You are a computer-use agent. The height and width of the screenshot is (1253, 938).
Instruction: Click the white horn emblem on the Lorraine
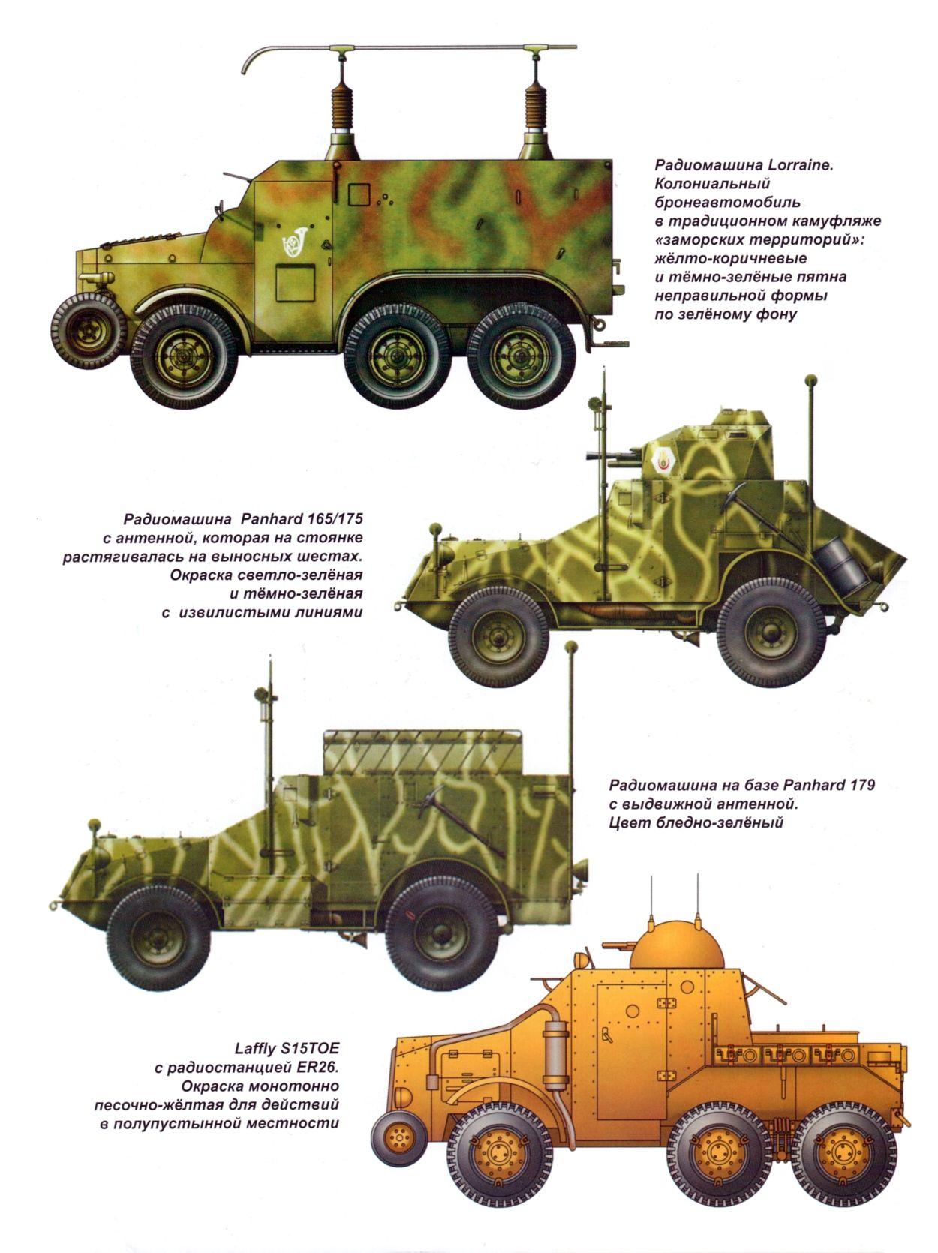pyautogui.click(x=295, y=242)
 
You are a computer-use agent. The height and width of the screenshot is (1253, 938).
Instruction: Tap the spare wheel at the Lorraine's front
pyautogui.click(x=89, y=331)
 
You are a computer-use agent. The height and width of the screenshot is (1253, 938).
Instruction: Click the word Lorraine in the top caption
pyautogui.click(x=789, y=165)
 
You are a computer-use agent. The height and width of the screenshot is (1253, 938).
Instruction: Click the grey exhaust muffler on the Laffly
pyautogui.click(x=552, y=1059)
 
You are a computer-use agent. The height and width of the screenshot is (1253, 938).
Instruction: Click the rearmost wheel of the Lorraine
pyautogui.click(x=522, y=356)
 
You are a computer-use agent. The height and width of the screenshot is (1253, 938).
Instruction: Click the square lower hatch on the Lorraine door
pyautogui.click(x=296, y=283)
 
